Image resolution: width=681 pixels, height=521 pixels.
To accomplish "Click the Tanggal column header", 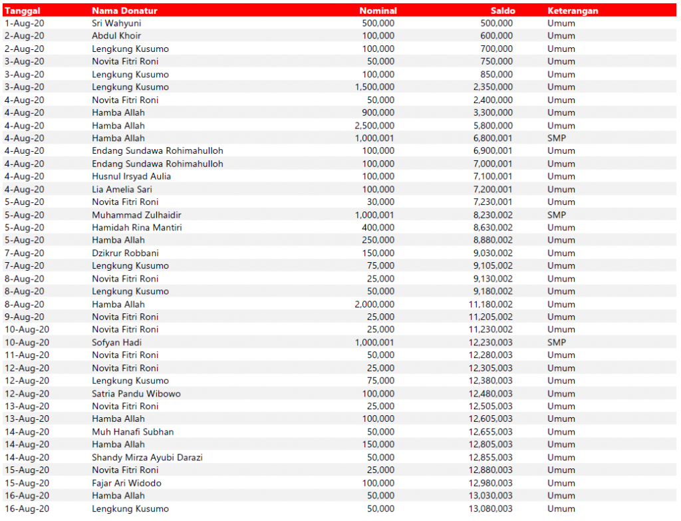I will (x=24, y=11).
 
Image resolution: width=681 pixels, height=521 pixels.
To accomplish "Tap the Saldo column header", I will (x=503, y=11).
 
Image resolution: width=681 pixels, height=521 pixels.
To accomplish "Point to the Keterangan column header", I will (x=573, y=11).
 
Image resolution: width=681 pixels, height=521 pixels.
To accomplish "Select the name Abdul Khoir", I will (x=116, y=36).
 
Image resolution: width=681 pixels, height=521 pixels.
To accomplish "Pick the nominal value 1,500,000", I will (x=374, y=87).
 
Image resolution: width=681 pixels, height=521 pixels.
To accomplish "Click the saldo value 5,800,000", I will (x=493, y=126).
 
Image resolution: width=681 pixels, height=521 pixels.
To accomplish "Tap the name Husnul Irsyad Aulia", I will (x=131, y=176).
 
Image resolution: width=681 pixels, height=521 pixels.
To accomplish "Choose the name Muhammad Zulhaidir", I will (x=136, y=215).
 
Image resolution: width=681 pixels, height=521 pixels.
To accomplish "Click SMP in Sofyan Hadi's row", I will (x=557, y=343).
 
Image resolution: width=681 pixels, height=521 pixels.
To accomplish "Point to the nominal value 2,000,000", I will (x=374, y=304).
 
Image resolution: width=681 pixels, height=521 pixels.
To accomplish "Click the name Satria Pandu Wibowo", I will (x=136, y=394).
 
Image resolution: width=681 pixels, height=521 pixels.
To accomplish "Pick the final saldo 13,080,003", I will (x=491, y=509).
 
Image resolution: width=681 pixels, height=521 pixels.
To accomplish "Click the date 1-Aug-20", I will (x=25, y=23).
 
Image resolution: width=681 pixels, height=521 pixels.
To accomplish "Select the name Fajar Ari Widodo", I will (x=126, y=483).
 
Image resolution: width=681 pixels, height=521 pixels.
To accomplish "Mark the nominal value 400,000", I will (x=378, y=228).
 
